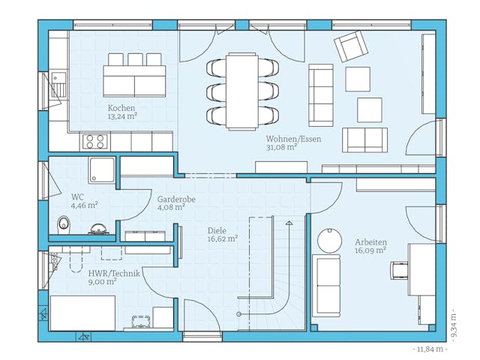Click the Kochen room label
point(121,108)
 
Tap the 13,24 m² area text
point(121,116)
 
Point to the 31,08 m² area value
point(281,148)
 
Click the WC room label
point(77,196)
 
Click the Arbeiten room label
point(370,242)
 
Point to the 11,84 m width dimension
point(430,349)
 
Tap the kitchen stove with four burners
point(95,140)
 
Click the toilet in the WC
point(64,223)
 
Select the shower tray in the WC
point(101,170)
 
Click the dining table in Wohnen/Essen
point(242,90)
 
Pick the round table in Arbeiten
point(329,238)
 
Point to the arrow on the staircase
point(287,223)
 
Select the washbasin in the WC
point(97,228)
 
